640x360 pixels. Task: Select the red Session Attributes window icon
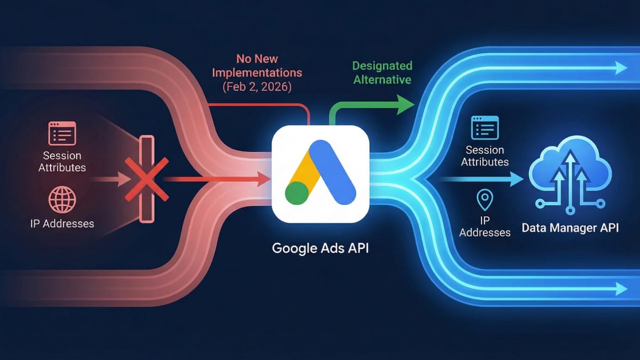point(62,133)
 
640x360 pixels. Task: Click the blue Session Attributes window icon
point(484,129)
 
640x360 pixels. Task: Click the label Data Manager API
point(570,228)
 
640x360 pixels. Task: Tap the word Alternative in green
point(382,79)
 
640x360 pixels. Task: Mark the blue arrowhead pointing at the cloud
point(517,180)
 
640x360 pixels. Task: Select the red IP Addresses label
point(62,223)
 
